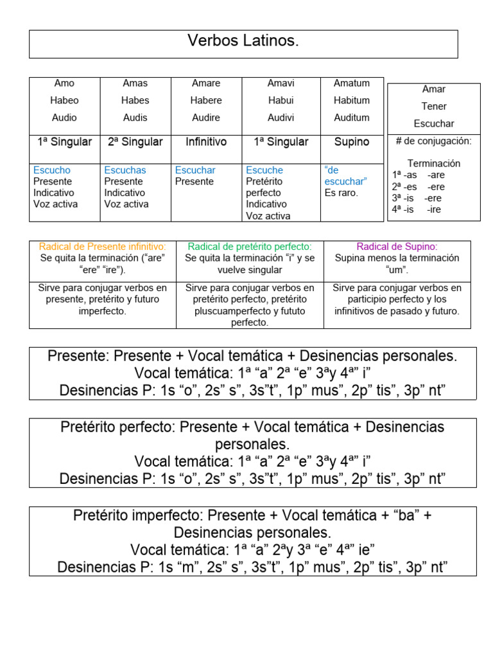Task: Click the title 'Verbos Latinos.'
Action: tap(243, 42)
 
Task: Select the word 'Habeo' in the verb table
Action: tap(64, 100)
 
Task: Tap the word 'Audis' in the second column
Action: tap(135, 118)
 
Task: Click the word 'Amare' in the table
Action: tap(206, 83)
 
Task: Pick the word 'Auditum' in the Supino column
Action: tap(352, 118)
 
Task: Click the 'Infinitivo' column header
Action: tap(206, 142)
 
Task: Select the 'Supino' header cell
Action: tap(352, 142)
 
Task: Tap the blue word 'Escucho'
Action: tap(52, 170)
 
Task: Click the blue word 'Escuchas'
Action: tap(125, 170)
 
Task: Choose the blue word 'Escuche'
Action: tap(264, 170)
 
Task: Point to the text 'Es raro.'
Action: tap(342, 193)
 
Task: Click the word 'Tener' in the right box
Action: tap(434, 106)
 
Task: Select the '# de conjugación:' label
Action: tap(434, 141)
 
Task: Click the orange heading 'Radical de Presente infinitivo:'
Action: tap(103, 247)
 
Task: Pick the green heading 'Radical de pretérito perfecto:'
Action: tap(250, 247)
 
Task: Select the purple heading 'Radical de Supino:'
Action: tap(397, 247)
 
